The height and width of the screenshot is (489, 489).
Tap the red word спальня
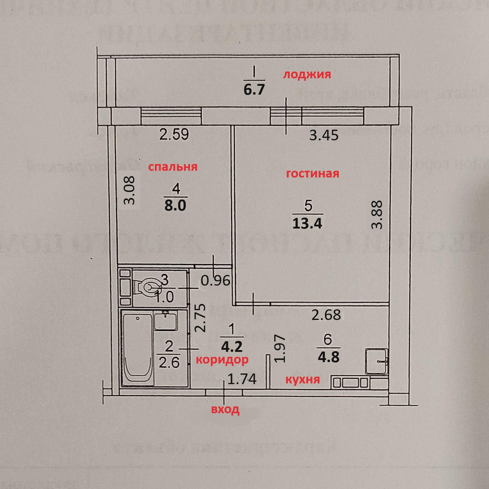coord(173,167)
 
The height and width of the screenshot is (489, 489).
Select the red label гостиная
coord(313,174)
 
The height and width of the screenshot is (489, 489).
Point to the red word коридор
coord(222,359)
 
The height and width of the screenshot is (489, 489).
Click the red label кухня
coord(303,380)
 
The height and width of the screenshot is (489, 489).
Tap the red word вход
coord(225,410)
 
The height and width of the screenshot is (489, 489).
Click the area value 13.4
coord(307,223)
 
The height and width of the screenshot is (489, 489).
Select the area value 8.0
coord(175,205)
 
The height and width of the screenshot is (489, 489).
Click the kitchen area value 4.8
coord(328,357)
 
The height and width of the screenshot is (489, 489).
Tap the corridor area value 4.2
coord(232,346)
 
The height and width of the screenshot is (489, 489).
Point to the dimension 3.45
coord(324,135)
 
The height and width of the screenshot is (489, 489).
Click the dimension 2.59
coord(174,135)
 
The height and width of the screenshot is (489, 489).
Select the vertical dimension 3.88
coord(378,215)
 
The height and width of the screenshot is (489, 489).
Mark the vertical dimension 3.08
coord(129,190)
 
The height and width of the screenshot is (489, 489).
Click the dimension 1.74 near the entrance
coord(242,380)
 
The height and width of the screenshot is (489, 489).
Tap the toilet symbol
coord(146,287)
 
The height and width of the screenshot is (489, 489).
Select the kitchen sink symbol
coord(377,361)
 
